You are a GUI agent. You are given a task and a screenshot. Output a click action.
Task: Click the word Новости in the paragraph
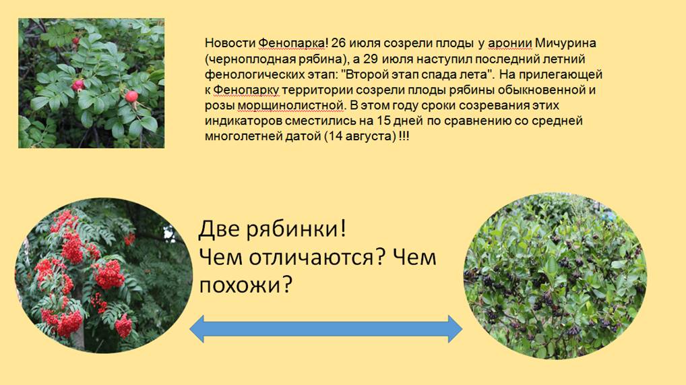click(x=230, y=43)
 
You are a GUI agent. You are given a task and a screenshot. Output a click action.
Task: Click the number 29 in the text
click(x=376, y=59)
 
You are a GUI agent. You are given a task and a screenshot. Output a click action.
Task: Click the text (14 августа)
click(x=360, y=136)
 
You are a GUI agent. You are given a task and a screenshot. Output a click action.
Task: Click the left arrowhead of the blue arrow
click(x=197, y=329)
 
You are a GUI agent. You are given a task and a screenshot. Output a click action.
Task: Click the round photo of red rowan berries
click(x=104, y=275)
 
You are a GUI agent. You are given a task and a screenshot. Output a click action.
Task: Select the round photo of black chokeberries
click(x=555, y=276)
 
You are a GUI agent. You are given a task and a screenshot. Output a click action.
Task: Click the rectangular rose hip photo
click(x=92, y=83)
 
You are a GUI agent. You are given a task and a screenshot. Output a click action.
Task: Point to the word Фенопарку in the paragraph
click(x=247, y=90)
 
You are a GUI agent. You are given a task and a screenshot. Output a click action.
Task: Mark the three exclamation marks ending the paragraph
click(x=404, y=136)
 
